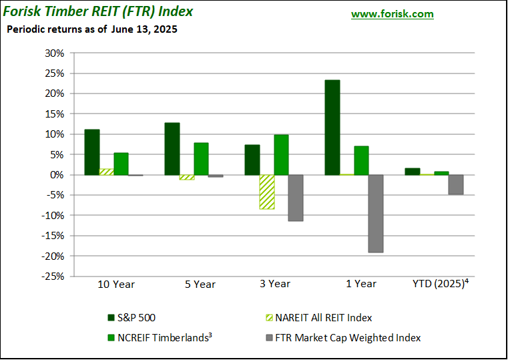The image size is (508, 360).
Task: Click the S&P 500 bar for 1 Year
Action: coord(332,128)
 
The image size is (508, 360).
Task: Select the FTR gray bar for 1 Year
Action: coord(376,214)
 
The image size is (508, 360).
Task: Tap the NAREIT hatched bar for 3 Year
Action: coord(267,192)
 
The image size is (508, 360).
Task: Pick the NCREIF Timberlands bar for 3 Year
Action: coord(281,155)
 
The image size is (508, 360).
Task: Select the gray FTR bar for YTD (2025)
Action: coord(456,185)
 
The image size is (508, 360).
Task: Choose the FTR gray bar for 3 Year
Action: coord(296,198)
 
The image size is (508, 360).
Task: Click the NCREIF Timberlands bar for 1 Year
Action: coord(361,160)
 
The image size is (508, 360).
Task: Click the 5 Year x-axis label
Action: coord(200,284)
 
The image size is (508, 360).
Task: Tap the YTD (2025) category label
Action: coord(441,284)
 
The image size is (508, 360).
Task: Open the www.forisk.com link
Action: coord(392,14)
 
